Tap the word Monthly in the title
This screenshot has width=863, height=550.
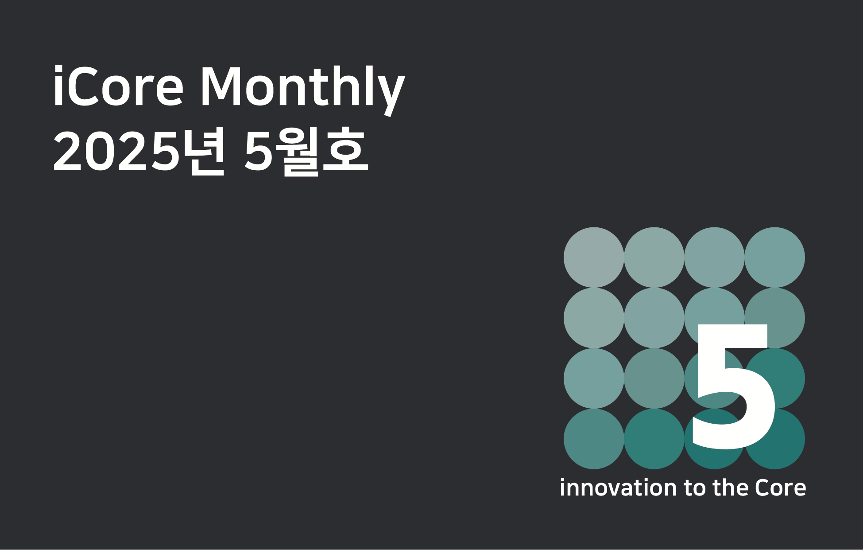[303, 90]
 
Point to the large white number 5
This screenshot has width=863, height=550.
[734, 386]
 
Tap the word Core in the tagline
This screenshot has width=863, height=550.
[781, 488]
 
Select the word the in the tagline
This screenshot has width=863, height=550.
[731, 488]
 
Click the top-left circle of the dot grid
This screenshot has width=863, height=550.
[594, 257]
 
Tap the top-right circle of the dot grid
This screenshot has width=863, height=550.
[775, 257]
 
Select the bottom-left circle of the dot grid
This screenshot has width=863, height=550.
[594, 439]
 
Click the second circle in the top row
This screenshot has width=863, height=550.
[654, 257]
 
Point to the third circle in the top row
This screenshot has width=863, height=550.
[714, 257]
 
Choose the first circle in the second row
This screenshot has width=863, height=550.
[594, 318]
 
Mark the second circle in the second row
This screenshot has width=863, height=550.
[654, 318]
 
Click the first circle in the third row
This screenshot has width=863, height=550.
[594, 378]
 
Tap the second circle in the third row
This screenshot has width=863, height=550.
[654, 378]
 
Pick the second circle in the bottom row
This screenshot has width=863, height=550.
[654, 439]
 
